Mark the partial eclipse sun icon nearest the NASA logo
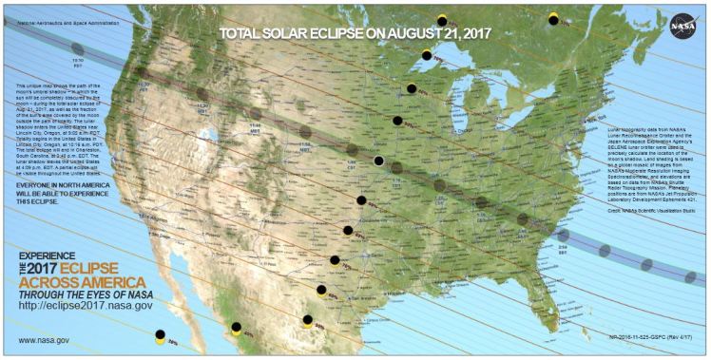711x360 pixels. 554,18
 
